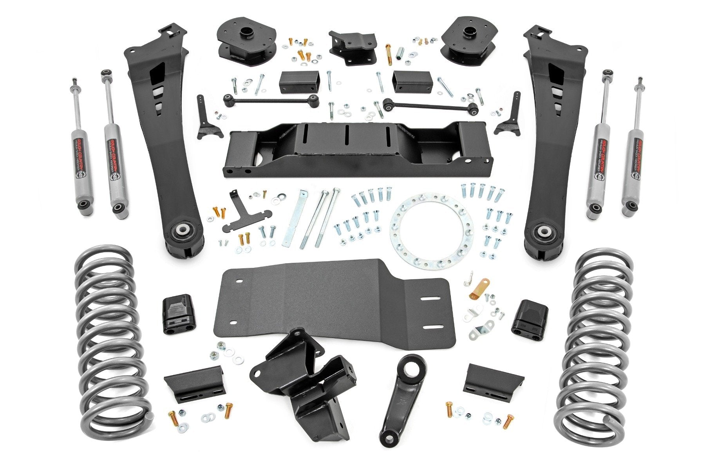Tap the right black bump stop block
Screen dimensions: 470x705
[x=529, y=319]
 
